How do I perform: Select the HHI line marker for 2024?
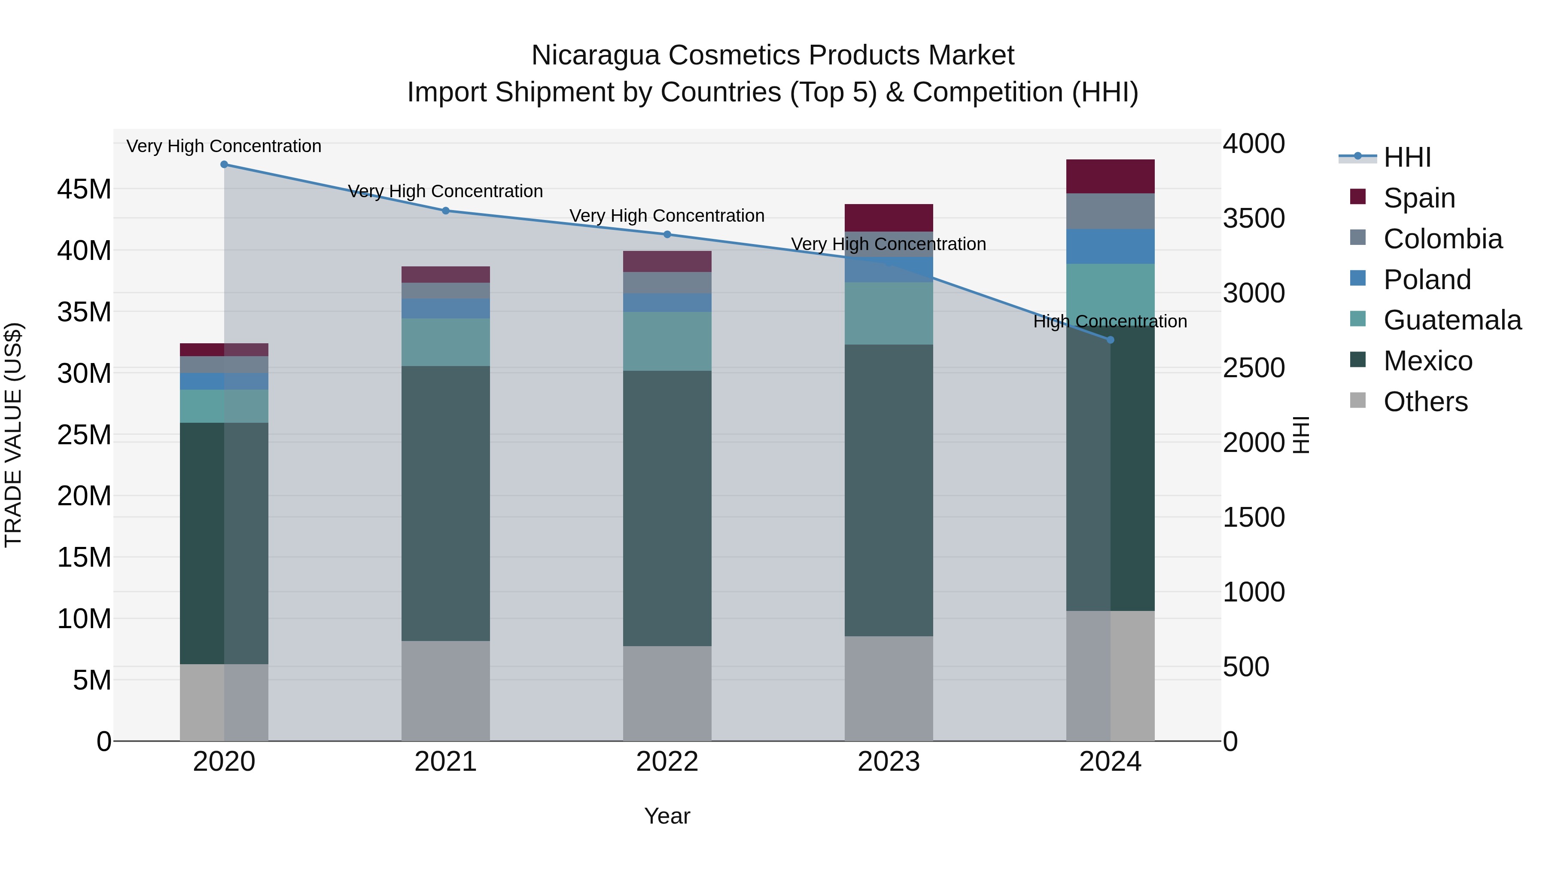click(x=1110, y=340)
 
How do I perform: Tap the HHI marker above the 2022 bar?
click(x=667, y=235)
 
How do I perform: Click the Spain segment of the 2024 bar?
click(x=1110, y=177)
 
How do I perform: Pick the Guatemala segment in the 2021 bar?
click(x=445, y=342)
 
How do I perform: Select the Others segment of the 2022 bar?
click(x=667, y=693)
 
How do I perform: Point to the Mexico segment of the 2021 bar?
click(x=445, y=503)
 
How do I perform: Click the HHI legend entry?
click(x=1407, y=157)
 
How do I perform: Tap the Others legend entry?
click(x=1425, y=402)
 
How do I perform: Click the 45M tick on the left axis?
click(x=84, y=190)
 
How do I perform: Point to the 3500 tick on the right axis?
click(x=1254, y=219)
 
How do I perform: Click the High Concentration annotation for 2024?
click(x=1110, y=321)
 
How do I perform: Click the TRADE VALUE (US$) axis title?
click(x=13, y=435)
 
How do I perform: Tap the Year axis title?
click(x=667, y=816)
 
